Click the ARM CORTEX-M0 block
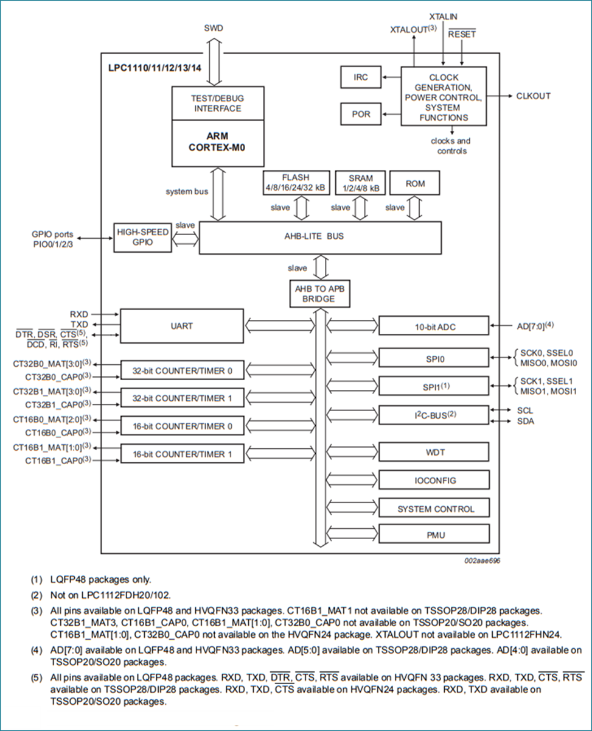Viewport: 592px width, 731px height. point(218,143)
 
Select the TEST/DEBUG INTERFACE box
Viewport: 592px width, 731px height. point(218,103)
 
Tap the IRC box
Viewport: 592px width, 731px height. point(361,77)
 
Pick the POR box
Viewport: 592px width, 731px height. point(361,114)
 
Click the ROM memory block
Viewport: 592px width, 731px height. point(415,183)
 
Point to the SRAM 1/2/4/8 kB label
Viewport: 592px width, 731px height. point(360,183)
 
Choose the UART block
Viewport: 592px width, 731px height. point(182,327)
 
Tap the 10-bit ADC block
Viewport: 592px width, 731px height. point(433,327)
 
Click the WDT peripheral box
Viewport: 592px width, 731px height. point(433,453)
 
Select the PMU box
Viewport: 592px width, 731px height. point(433,535)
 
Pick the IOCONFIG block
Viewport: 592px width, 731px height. point(433,481)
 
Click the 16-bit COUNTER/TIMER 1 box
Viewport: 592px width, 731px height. point(182,454)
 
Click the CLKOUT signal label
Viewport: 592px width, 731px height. point(533,96)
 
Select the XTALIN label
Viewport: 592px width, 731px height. point(443,16)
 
